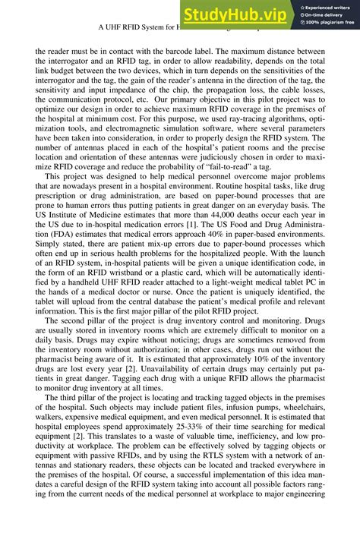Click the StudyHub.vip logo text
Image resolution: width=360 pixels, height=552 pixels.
click(x=233, y=14)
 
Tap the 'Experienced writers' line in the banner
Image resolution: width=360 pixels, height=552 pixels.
click(x=329, y=6)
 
